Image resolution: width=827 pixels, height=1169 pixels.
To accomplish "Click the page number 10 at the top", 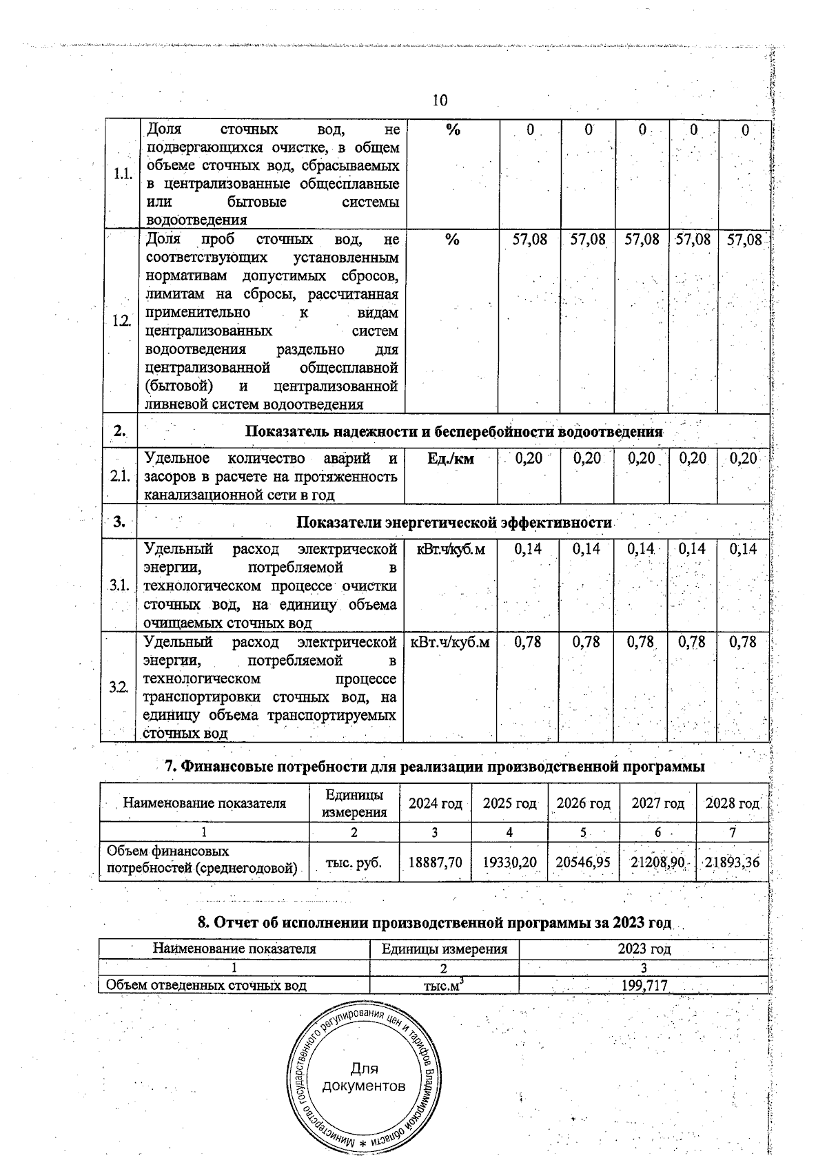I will point(440,101).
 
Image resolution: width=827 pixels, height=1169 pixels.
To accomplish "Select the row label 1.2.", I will point(121,321).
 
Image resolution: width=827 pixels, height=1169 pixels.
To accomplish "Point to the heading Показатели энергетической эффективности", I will point(453,522).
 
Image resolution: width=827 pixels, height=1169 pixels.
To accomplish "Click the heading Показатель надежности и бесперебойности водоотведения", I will point(453,432).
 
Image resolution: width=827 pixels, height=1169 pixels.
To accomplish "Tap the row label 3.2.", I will point(119,687).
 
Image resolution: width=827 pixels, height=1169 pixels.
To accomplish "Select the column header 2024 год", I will point(435,803).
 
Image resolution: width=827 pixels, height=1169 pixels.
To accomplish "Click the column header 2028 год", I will point(732,803).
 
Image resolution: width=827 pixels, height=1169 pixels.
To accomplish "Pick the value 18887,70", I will point(435,862).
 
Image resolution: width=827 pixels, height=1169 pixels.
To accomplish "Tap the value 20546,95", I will point(583,862).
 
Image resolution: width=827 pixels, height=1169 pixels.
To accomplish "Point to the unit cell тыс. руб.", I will point(354,862).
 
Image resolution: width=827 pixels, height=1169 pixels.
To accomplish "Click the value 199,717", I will point(643,986).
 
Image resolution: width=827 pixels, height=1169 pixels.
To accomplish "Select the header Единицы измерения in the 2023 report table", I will point(445,949).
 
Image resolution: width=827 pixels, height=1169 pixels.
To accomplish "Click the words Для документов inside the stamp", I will point(364,1078).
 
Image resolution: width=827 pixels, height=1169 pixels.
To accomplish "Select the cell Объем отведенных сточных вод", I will point(204,986).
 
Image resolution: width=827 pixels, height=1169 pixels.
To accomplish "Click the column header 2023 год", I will point(643,949).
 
